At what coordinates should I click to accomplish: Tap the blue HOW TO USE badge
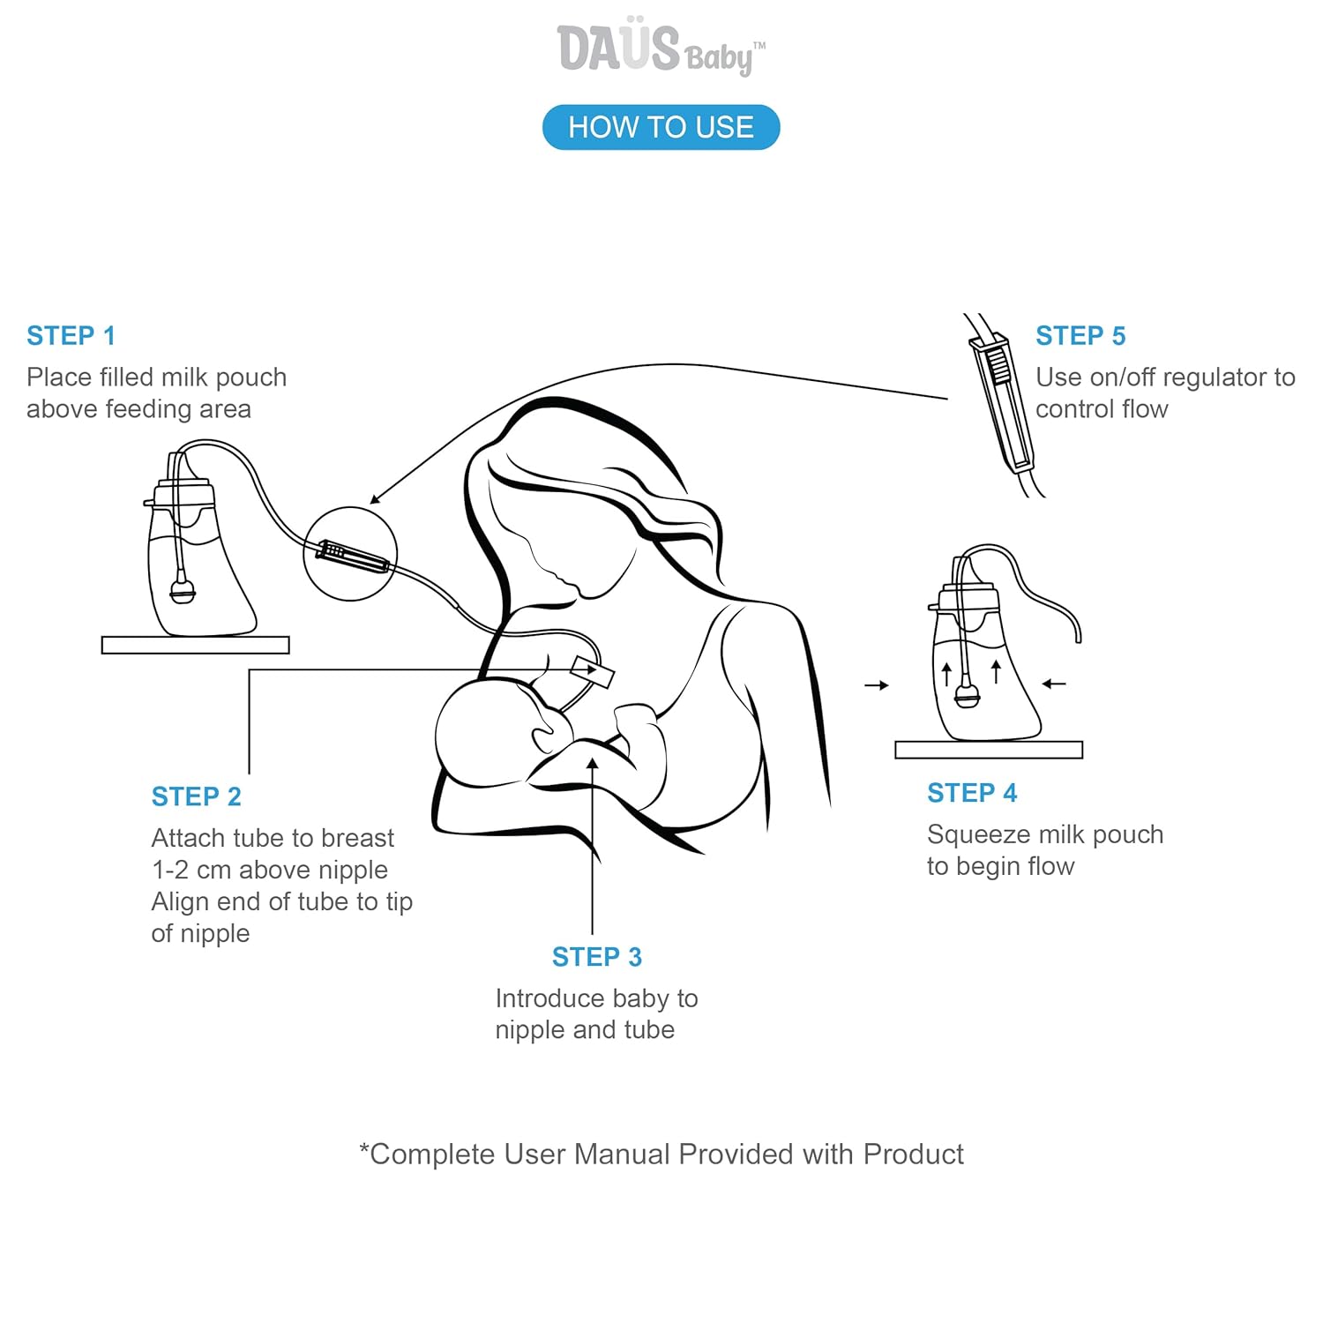[x=661, y=127]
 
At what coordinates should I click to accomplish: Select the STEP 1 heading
[x=71, y=336]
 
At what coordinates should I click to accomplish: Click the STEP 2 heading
[x=196, y=796]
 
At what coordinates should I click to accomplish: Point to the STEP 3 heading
[x=597, y=957]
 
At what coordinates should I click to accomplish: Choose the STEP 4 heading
[x=972, y=793]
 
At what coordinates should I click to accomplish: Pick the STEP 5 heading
[x=1080, y=336]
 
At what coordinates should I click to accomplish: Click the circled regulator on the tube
[x=351, y=555]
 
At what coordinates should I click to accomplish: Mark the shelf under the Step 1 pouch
[x=196, y=645]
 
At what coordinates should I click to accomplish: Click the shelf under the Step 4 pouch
[x=989, y=750]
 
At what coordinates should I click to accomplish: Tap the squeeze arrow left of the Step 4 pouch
[x=876, y=685]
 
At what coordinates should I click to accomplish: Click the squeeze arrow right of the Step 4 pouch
[x=1054, y=684]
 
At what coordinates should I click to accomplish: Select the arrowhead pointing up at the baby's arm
[x=593, y=764]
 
